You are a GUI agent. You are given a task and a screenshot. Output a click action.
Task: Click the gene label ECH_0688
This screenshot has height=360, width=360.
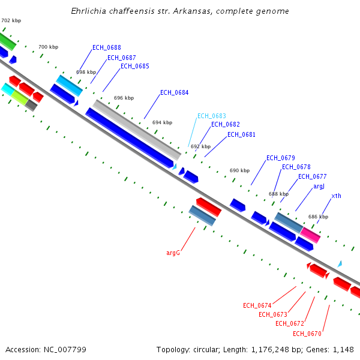point(107,47)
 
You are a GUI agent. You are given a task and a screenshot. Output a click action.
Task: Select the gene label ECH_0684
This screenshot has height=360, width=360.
point(174,92)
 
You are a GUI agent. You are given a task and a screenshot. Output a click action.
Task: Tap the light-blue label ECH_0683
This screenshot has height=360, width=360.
point(212,116)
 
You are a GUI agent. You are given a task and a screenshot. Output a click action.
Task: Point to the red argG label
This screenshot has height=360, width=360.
point(173,253)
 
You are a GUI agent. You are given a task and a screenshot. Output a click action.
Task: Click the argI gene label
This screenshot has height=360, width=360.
point(319,187)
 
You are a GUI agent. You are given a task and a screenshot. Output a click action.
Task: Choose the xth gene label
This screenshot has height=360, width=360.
point(336,196)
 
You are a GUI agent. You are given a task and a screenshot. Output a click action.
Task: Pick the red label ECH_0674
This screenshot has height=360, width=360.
point(257,305)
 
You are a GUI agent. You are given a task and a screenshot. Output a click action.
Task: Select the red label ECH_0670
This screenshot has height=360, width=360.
point(307,334)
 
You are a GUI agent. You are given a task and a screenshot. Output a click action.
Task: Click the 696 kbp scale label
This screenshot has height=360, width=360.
point(124,98)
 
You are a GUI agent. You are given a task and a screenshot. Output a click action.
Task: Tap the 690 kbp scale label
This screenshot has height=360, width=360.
point(239,170)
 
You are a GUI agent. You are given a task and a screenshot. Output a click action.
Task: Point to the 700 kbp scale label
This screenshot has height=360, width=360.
point(48,47)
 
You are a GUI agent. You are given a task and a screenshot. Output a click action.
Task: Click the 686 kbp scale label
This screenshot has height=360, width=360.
point(318,217)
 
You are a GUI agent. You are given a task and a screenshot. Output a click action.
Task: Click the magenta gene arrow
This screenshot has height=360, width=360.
point(310,235)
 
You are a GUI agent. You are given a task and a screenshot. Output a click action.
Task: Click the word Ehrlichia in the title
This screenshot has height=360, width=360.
point(90,11)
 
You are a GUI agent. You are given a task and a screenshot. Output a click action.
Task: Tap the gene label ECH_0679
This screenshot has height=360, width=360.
point(280,158)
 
